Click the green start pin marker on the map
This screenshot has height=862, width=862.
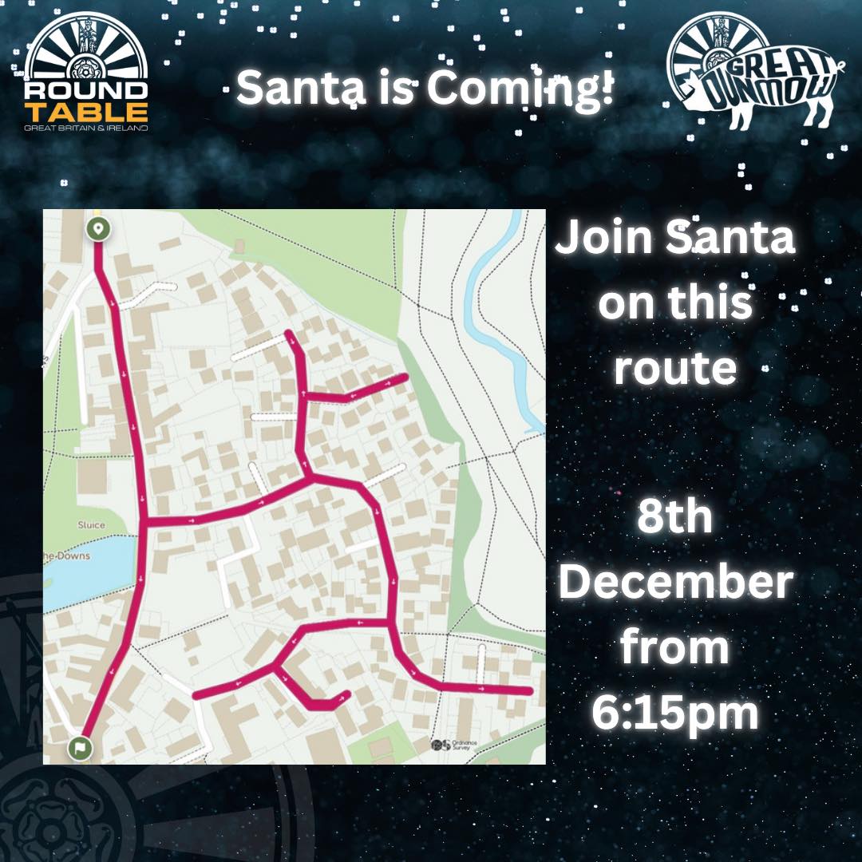point(98,229)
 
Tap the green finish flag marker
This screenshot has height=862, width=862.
point(80,748)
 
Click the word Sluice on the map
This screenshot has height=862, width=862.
point(90,525)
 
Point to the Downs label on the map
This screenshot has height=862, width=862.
point(68,556)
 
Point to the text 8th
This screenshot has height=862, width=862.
point(675,518)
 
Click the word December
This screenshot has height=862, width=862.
point(675,583)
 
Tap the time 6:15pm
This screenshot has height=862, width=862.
point(675,714)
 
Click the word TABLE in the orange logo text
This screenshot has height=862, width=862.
point(86,111)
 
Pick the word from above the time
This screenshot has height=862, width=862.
point(675,648)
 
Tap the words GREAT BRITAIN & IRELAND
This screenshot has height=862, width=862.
point(86,128)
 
